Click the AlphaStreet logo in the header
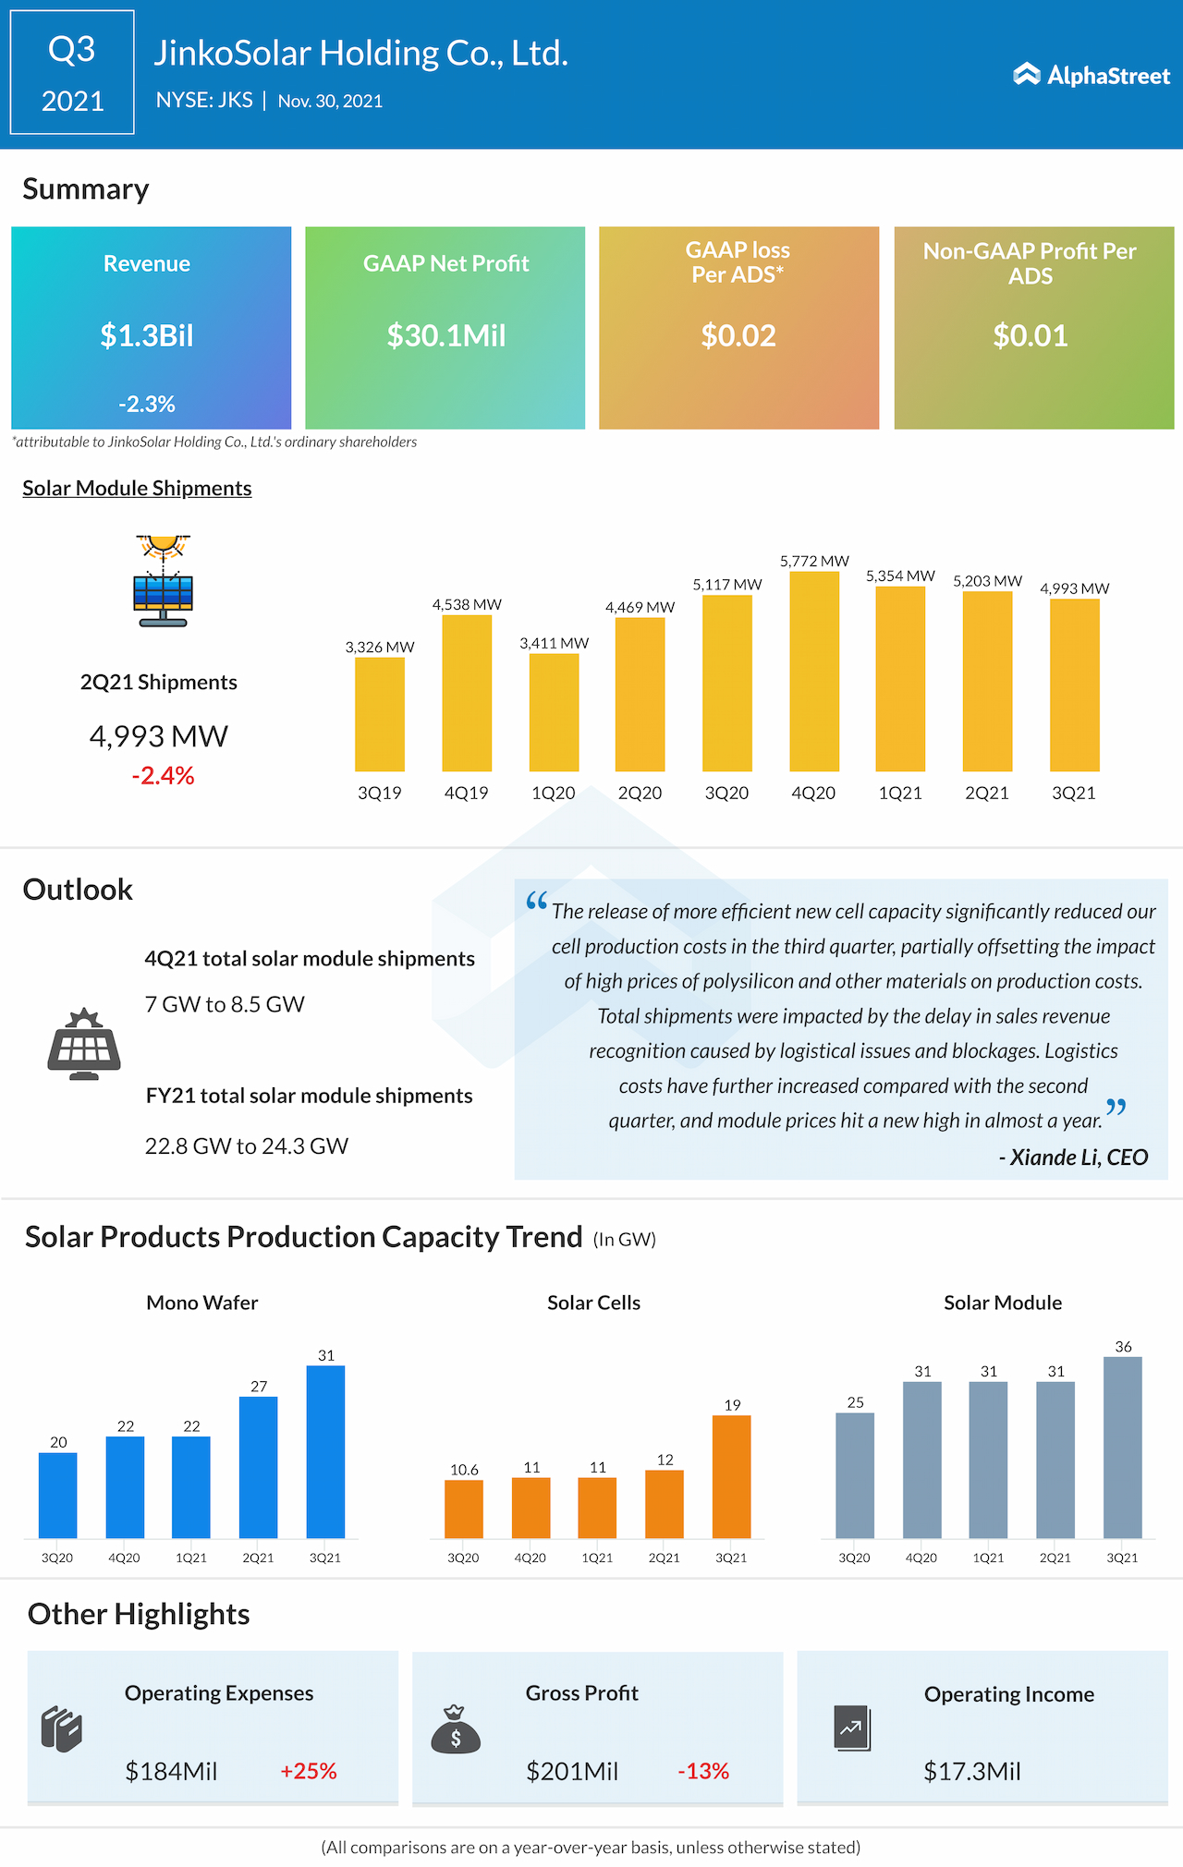[1092, 75]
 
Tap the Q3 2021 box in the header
[72, 73]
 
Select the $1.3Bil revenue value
[147, 335]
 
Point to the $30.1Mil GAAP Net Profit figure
[445, 335]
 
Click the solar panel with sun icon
[163, 581]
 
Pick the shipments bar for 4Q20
[814, 672]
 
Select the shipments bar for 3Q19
[380, 714]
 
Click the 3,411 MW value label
[554, 643]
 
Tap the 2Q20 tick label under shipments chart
[640, 793]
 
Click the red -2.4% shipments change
[163, 776]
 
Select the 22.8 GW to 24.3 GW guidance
[246, 1146]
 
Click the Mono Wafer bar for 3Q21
[325, 1451]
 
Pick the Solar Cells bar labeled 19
[731, 1476]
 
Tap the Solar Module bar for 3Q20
[855, 1475]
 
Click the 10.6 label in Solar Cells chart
[464, 1470]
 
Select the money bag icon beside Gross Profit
[456, 1729]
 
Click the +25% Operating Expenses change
[309, 1771]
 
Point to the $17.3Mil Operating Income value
[971, 1771]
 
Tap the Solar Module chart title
[1002, 1303]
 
